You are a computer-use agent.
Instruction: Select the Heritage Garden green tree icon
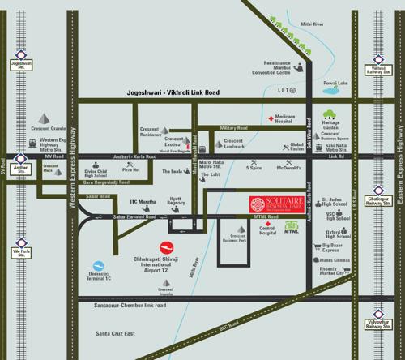(x=329, y=115)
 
